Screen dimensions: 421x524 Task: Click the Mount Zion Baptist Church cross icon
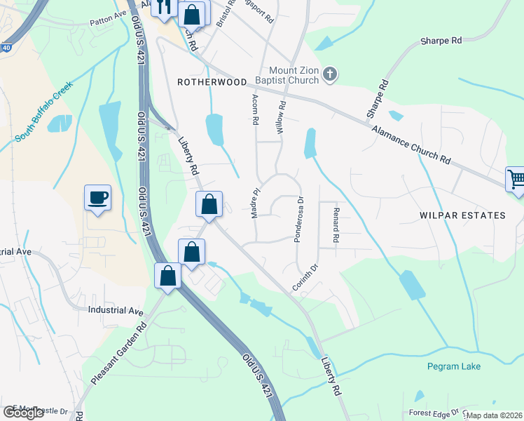click(331, 74)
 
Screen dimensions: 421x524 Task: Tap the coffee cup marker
click(97, 197)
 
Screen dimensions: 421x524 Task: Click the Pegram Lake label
click(454, 366)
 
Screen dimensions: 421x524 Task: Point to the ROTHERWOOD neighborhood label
click(212, 82)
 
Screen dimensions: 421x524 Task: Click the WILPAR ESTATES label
click(462, 215)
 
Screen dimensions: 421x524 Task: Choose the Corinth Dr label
click(305, 279)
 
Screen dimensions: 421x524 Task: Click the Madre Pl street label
click(256, 202)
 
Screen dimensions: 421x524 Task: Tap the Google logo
click(23, 413)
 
